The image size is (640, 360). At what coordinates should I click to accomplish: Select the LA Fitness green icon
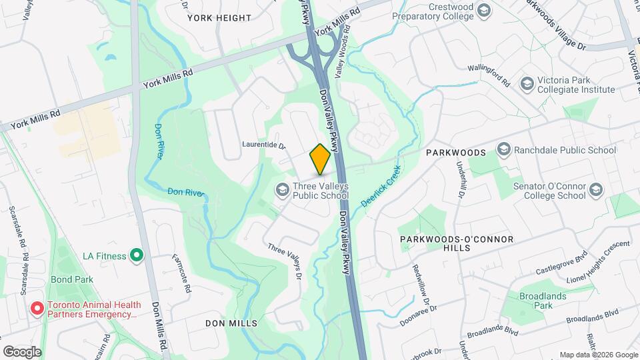137,255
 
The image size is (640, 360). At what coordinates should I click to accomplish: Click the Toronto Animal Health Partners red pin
37,309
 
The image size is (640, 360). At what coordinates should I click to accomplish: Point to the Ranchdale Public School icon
504,150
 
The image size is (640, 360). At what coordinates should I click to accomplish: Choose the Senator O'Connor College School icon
595,191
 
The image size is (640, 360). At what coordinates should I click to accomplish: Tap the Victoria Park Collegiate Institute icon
527,83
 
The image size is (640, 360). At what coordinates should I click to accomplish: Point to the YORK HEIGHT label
219,18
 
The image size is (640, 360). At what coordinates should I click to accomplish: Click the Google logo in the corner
22,351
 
